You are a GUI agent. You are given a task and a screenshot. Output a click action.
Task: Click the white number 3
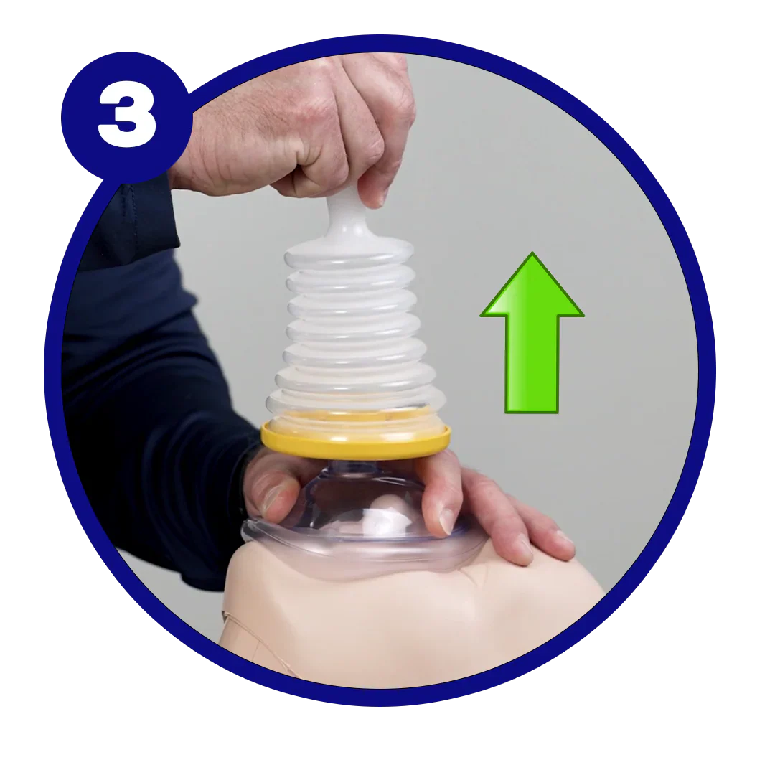(x=127, y=117)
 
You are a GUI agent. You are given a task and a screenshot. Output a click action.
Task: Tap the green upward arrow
(x=532, y=333)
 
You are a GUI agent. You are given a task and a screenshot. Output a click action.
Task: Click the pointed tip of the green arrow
(x=532, y=253)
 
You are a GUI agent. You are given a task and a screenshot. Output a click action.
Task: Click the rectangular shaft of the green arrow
(x=532, y=363)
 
